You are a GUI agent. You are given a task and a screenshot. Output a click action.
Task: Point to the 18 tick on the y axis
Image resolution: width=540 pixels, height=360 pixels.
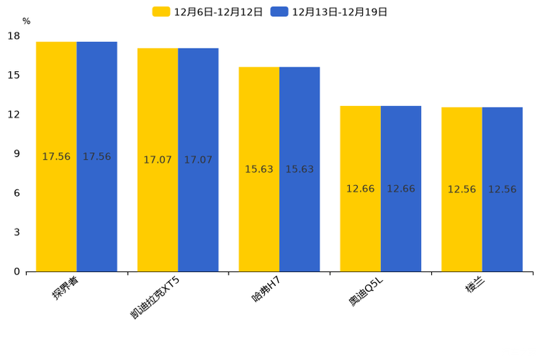point(14,36)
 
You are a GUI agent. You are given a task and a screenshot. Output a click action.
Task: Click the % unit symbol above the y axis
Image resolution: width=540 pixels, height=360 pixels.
point(26,22)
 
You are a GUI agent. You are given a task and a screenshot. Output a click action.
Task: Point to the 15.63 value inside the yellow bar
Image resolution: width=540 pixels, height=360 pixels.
point(259,169)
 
